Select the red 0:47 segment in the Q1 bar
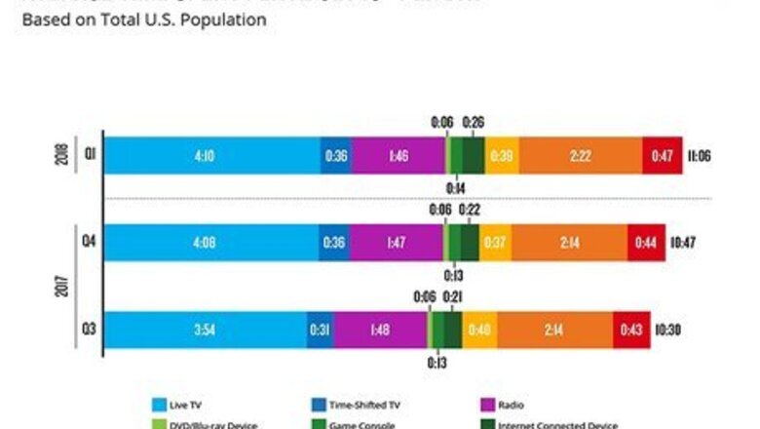point(662,155)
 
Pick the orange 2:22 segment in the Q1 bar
point(580,155)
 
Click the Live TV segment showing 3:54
point(204,330)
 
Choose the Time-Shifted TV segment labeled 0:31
point(319,330)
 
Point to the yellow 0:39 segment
point(503,155)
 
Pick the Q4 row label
point(88,243)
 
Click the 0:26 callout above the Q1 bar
point(475,122)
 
